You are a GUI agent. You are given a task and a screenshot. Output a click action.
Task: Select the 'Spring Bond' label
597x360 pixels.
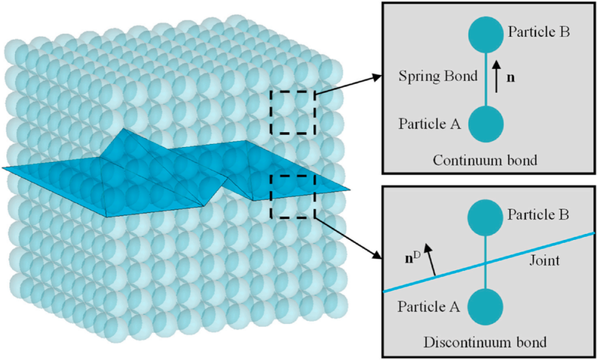[x=438, y=76]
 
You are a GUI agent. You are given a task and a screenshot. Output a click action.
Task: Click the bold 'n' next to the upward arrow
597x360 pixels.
[x=511, y=78]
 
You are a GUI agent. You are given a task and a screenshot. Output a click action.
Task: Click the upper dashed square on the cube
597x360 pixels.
[x=292, y=112]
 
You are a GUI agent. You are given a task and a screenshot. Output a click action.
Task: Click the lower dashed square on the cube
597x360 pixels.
[x=292, y=196]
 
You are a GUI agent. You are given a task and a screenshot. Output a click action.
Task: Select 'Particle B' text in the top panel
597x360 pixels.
[x=539, y=32]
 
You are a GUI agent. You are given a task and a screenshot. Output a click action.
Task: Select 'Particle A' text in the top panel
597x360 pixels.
[x=429, y=123]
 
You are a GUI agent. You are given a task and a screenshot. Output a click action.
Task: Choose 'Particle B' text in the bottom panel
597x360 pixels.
[x=538, y=215]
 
